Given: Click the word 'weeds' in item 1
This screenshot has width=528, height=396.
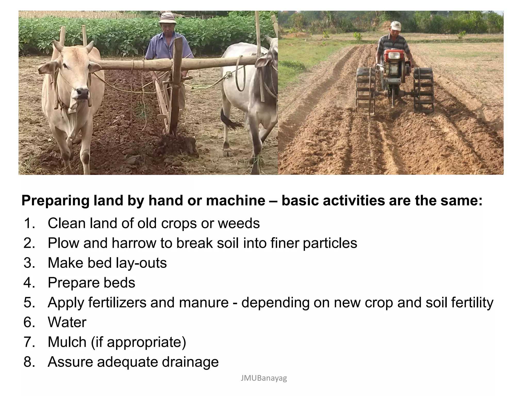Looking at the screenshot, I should (x=239, y=223).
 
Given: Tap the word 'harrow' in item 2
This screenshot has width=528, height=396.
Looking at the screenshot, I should (x=134, y=243).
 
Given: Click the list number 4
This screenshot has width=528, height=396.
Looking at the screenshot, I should (x=29, y=283).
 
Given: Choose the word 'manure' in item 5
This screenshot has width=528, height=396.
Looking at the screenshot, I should (x=204, y=302).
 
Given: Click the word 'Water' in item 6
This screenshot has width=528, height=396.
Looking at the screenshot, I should (x=67, y=322).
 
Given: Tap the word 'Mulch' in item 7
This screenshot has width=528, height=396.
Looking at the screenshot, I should (x=67, y=342).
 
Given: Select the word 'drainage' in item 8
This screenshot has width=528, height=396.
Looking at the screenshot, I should (x=190, y=362).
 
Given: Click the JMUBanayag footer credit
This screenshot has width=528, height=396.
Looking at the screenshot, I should (x=264, y=378).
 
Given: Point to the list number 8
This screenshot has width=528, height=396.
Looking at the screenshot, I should (x=29, y=362).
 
